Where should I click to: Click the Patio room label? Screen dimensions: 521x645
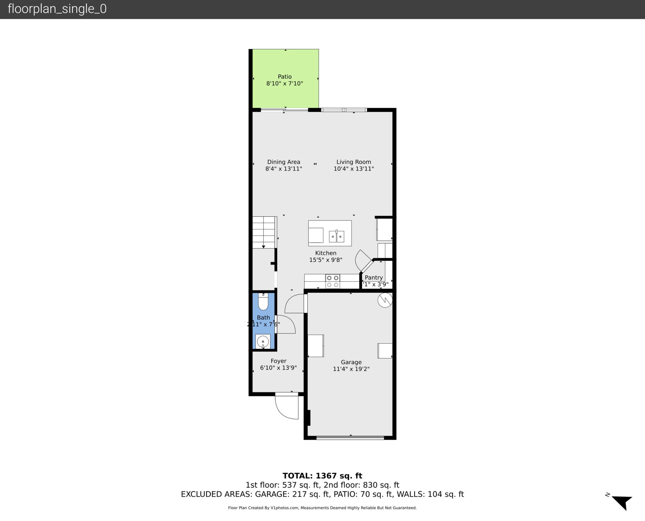284,76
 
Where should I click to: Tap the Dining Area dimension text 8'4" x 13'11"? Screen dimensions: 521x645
283,169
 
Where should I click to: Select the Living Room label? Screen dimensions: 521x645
353,162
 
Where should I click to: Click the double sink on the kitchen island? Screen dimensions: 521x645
336,236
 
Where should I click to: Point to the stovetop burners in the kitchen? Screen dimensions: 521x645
332,281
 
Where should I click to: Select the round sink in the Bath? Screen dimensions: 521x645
263,342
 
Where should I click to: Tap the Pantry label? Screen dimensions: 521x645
373,277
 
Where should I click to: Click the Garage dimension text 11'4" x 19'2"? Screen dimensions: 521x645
351,369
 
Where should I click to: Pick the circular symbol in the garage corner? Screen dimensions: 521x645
385,300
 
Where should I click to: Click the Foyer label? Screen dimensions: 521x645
278,361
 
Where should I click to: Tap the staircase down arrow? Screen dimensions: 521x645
263,247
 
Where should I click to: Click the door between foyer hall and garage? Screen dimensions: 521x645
305,303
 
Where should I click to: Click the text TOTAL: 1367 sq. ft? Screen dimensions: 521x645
322,476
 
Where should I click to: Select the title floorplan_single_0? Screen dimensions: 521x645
57,9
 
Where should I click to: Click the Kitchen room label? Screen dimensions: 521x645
325,253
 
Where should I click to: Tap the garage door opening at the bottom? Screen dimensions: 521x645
350,438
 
